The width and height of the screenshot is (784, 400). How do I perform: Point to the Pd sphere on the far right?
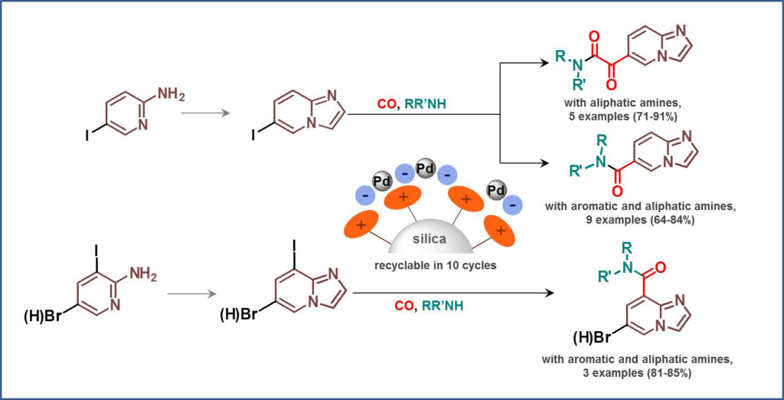click(x=496, y=189)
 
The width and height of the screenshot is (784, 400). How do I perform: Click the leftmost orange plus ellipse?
click(x=358, y=227)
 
